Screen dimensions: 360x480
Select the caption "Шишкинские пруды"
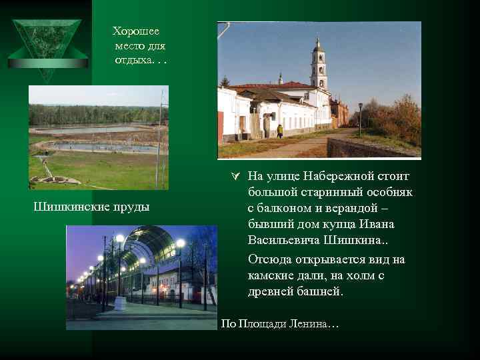91,207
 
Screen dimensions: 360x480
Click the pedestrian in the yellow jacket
280,131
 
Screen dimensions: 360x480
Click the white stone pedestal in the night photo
120,303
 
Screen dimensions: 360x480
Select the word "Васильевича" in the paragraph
284,239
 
